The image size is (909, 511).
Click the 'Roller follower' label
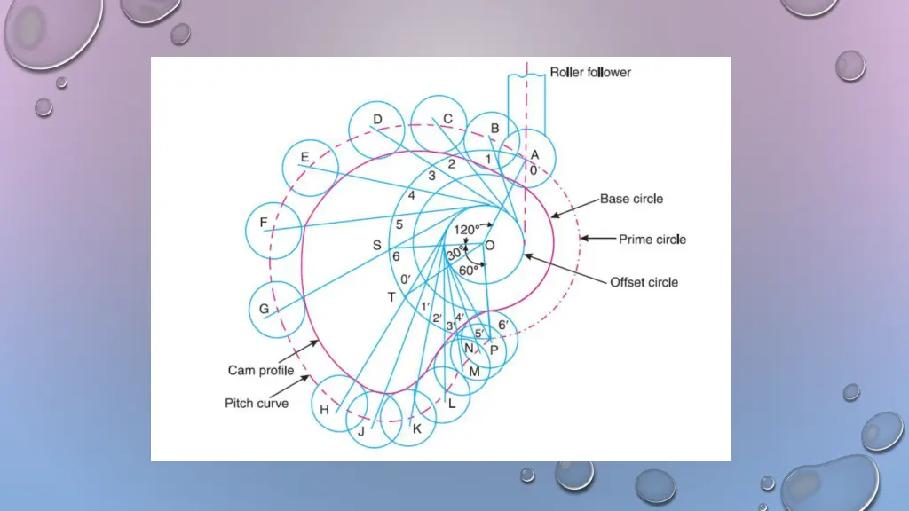[590, 72]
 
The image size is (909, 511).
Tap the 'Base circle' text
[631, 199]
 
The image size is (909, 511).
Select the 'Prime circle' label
[652, 240]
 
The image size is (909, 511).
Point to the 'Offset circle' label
[644, 282]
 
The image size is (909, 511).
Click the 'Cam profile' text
[261, 371]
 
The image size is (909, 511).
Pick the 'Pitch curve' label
[257, 403]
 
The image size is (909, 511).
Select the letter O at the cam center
[490, 246]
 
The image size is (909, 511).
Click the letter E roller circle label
[304, 158]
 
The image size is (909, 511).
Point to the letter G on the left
[264, 309]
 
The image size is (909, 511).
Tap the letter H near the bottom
[324, 410]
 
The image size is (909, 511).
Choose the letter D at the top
[377, 120]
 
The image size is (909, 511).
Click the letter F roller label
[264, 223]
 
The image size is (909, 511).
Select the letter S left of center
[376, 246]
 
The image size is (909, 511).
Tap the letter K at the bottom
[417, 429]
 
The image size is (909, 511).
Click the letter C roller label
[448, 119]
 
